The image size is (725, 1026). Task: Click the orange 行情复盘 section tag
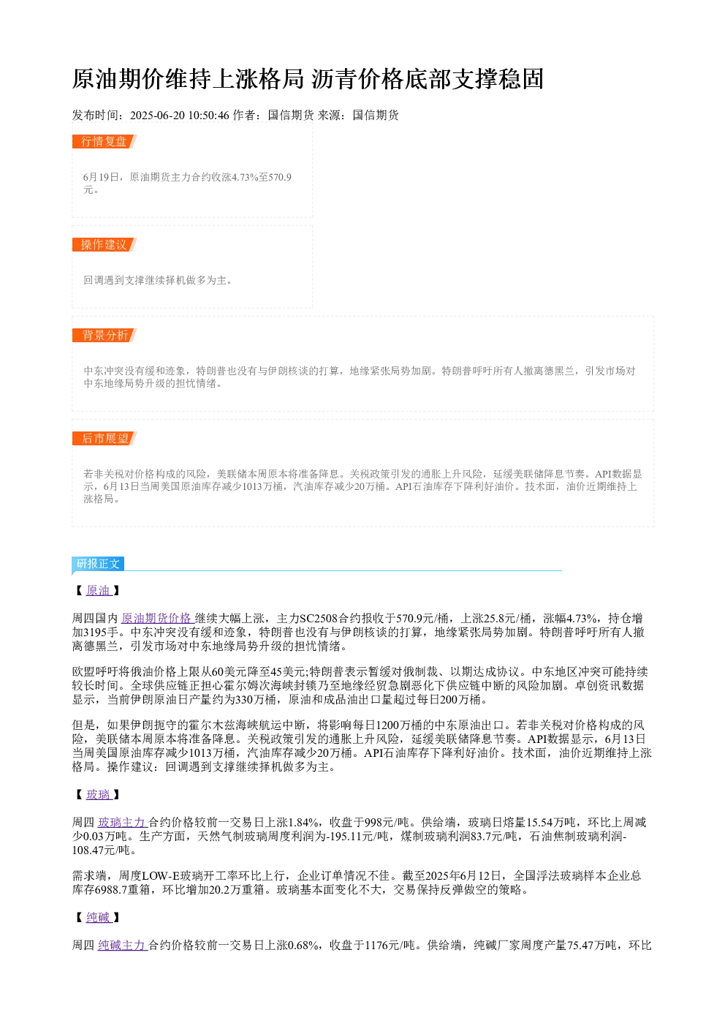tap(105, 142)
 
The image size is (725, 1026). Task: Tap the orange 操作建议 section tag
tap(105, 244)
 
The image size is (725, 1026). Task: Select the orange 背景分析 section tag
tap(105, 335)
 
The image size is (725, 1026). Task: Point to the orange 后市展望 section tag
tap(105, 438)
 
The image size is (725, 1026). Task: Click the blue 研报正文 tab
tap(98, 564)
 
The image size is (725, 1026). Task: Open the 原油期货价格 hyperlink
tap(157, 619)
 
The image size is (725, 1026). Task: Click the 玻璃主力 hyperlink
tap(122, 823)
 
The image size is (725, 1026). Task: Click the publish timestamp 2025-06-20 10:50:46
tap(179, 116)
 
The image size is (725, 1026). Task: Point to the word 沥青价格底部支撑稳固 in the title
tap(428, 79)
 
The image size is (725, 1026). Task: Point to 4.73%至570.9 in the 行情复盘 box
tap(262, 177)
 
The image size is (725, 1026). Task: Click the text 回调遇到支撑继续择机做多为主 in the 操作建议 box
tap(155, 280)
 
